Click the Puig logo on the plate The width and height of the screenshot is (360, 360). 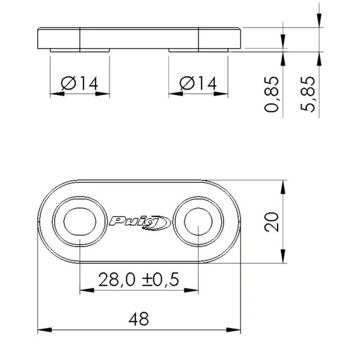139,221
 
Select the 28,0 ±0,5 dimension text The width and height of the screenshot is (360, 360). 139,280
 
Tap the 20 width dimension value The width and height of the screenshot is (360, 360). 272,221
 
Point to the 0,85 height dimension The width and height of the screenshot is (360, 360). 272,94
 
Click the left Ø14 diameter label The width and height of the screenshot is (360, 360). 80,83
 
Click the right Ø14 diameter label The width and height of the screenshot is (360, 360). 198,83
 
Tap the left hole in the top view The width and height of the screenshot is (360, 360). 80,221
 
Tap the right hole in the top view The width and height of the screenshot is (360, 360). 198,221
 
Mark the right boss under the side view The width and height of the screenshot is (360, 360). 198,50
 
